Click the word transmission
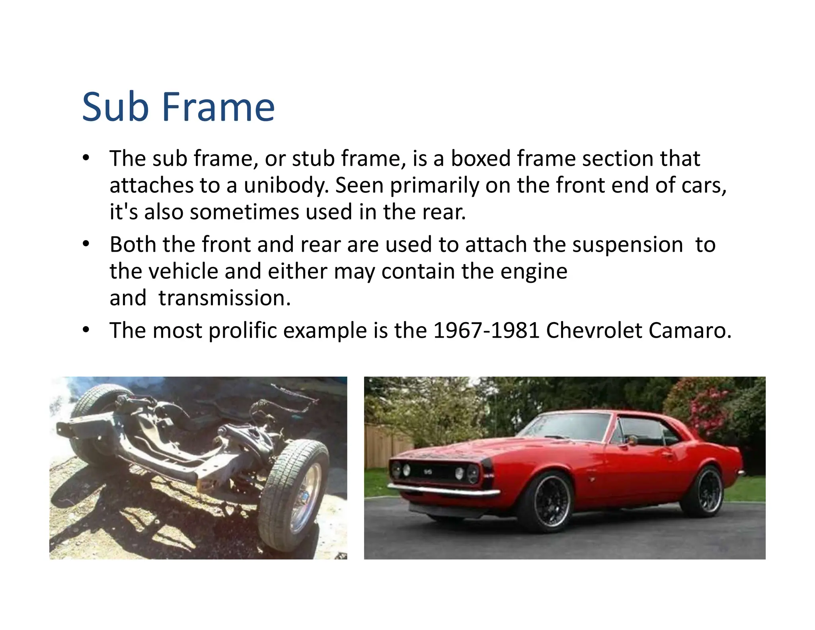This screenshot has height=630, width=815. [224, 298]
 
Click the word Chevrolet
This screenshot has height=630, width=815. [593, 331]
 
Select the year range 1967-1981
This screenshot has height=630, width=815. [486, 331]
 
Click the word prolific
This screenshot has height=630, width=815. [242, 331]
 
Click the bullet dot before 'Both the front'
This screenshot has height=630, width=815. [86, 244]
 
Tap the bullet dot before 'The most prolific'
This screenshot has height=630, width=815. [86, 330]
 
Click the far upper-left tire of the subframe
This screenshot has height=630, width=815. [94, 402]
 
